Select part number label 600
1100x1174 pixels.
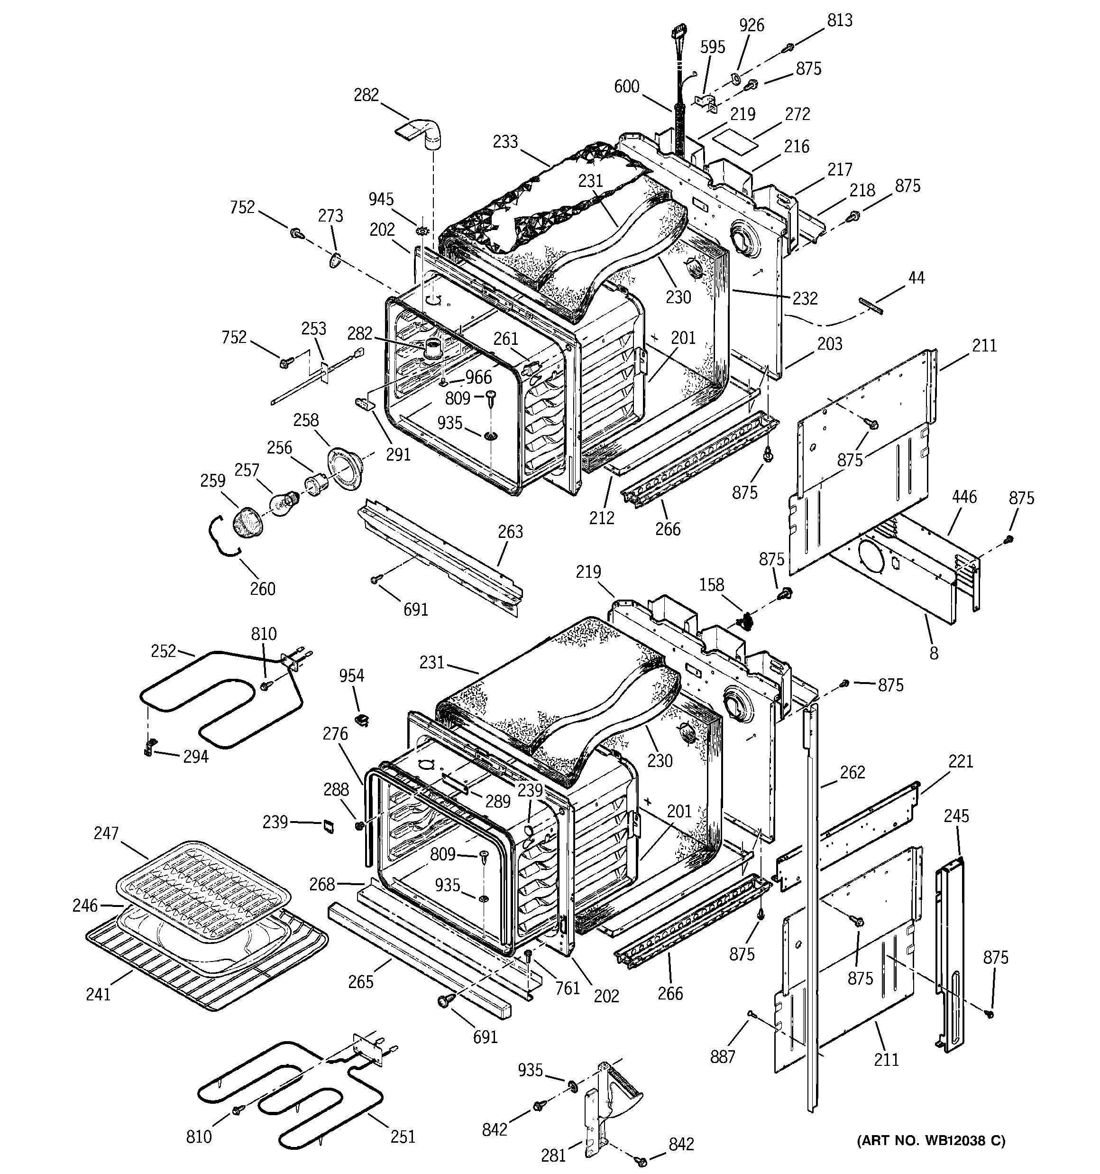pyautogui.click(x=626, y=87)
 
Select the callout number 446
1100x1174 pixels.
pyautogui.click(x=963, y=497)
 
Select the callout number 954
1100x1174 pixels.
pyautogui.click(x=351, y=675)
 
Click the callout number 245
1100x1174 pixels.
pyautogui.click(x=956, y=816)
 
